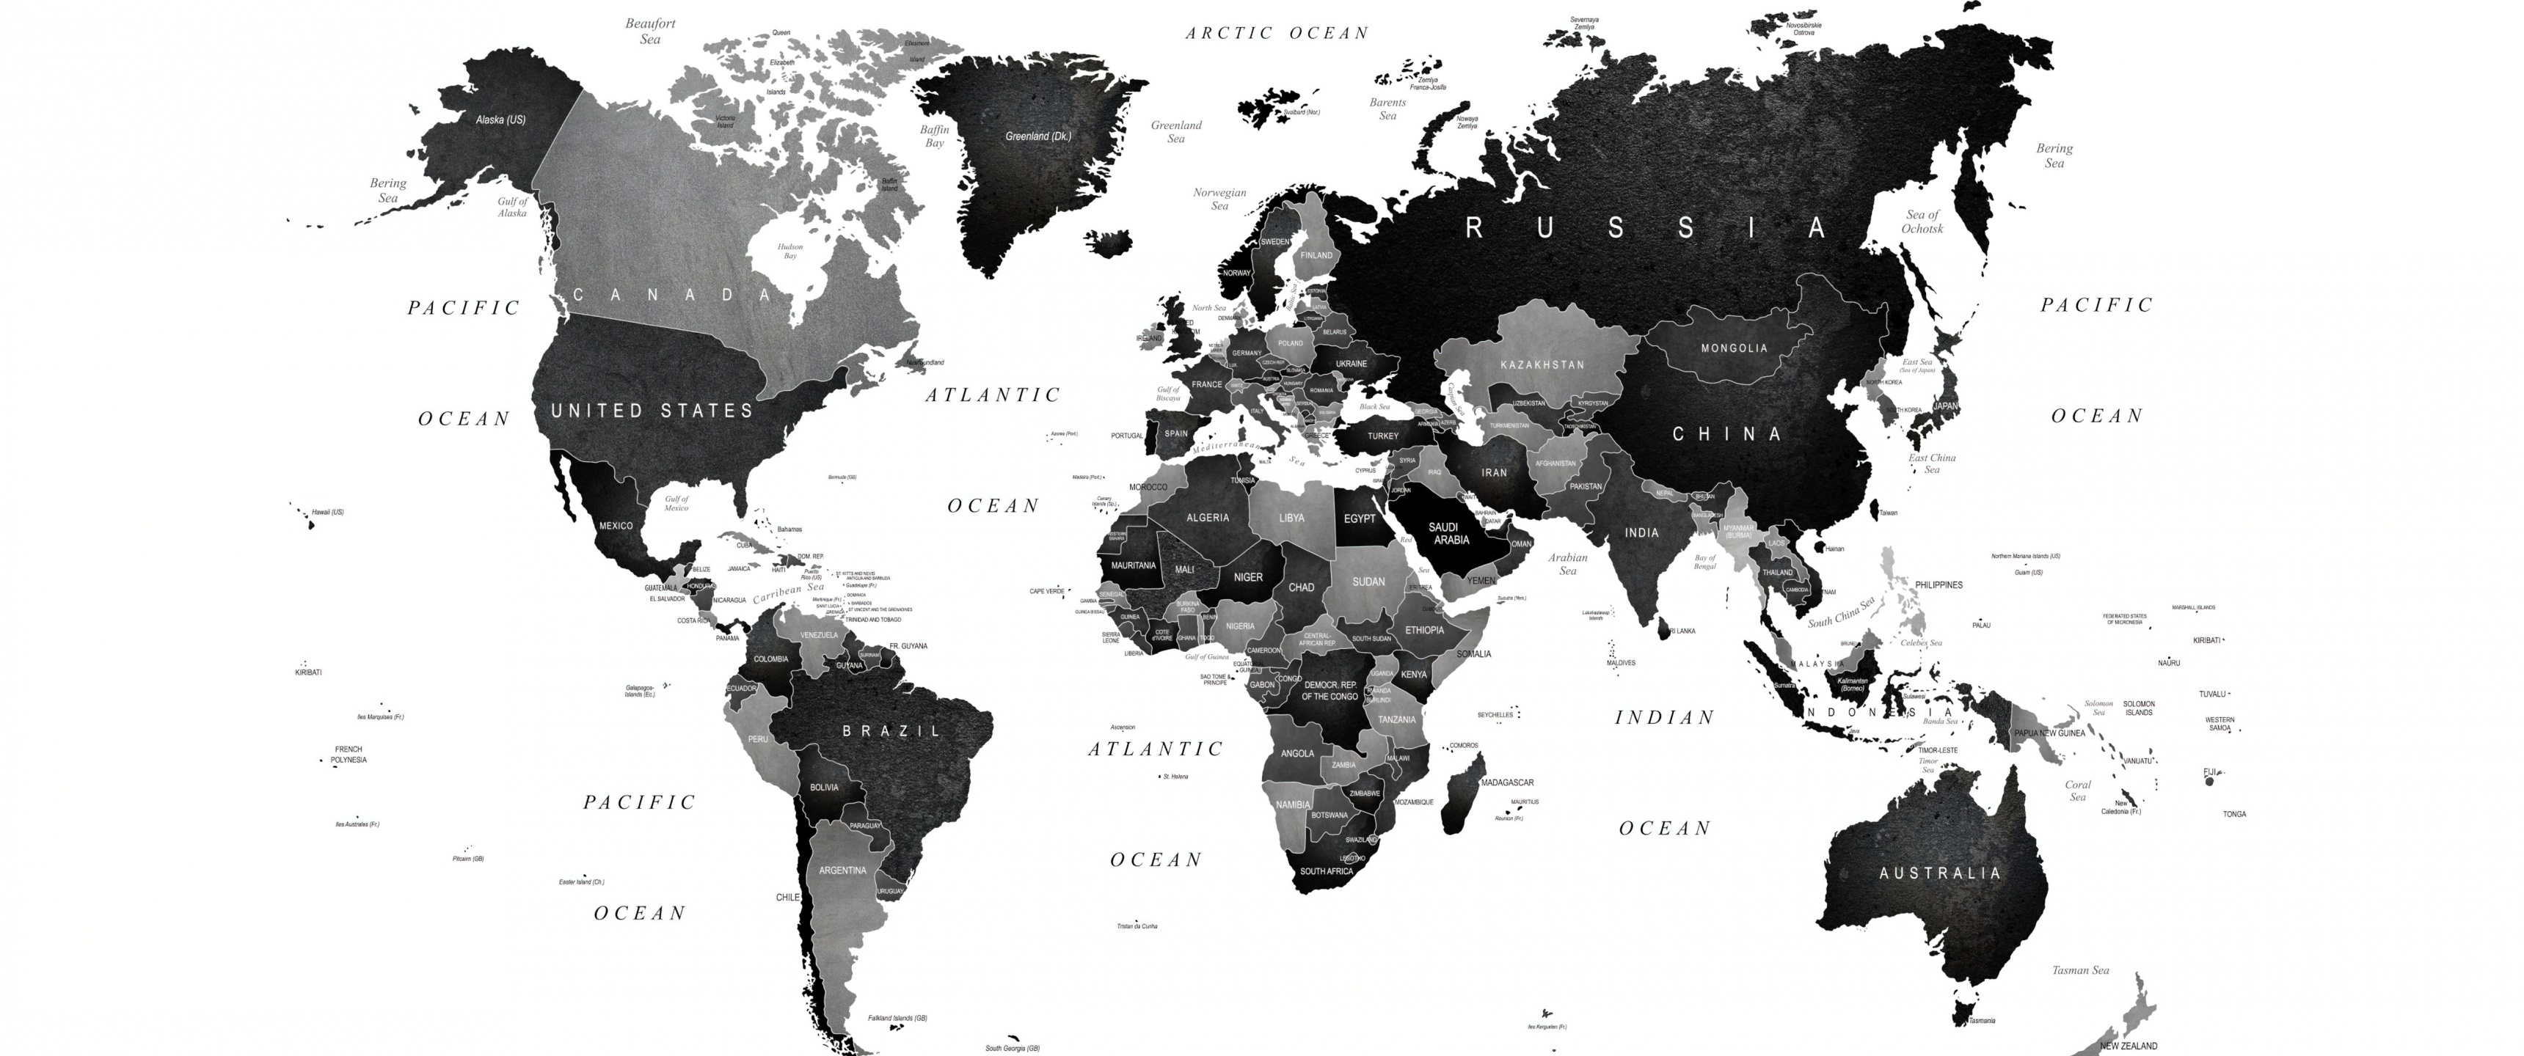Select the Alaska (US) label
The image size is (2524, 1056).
(500, 120)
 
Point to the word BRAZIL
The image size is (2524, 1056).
(891, 731)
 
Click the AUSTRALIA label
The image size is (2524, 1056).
(1940, 873)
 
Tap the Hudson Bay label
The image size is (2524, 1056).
(789, 251)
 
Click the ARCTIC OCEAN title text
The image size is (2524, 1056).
(1277, 33)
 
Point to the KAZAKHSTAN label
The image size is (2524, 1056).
(1542, 364)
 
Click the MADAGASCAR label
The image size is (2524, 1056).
(1507, 782)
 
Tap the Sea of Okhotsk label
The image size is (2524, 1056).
(1922, 221)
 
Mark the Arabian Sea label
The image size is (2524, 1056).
(1568, 563)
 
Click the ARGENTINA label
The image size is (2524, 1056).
(842, 870)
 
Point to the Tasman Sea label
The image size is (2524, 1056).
(2080, 969)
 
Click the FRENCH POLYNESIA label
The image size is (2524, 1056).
(348, 755)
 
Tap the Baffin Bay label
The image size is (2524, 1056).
(935, 136)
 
